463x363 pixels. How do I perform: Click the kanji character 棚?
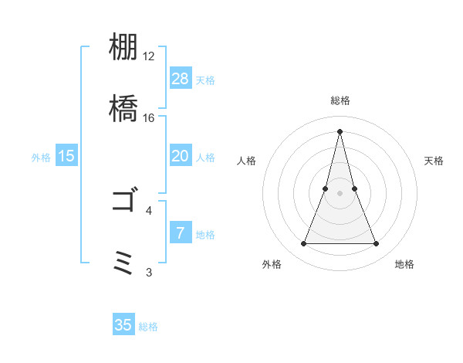point(123,49)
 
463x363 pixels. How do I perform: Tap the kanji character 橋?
point(123,107)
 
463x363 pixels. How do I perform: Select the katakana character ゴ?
point(123,202)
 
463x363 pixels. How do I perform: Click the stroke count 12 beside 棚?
point(149,56)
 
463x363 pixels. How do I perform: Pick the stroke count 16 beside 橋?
point(149,118)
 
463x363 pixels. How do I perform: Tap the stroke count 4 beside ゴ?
point(149,210)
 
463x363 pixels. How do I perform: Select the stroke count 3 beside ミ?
point(149,272)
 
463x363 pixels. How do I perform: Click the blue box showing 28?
point(181,78)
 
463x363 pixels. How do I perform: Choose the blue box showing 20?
point(181,156)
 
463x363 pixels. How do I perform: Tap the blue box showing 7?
point(181,233)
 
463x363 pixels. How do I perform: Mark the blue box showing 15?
point(66,156)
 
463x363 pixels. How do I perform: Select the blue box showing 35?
point(123,325)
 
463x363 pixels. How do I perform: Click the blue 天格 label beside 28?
point(205,80)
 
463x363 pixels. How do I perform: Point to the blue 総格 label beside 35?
point(148,327)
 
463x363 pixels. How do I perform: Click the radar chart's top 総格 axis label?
point(340,101)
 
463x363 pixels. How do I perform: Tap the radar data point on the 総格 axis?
point(340,131)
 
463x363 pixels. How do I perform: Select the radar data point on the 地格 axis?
point(376,244)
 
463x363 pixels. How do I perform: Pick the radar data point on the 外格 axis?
point(303,244)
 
